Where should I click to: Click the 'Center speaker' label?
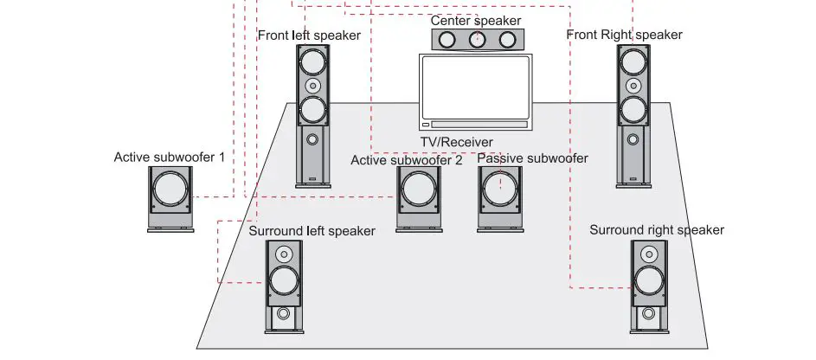[x=476, y=20]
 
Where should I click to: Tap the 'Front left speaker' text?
[x=309, y=35]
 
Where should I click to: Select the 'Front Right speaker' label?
[x=624, y=35]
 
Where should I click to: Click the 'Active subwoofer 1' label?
[x=170, y=157]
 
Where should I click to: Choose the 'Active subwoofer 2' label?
[x=406, y=160]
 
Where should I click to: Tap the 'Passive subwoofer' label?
[x=532, y=158]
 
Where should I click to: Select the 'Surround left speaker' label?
[x=312, y=231]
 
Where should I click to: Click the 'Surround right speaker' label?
[x=656, y=230]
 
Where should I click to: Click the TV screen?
[x=475, y=87]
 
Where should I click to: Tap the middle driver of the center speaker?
[x=477, y=39]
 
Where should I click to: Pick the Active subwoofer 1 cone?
[x=171, y=190]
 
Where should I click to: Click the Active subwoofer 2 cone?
[x=419, y=190]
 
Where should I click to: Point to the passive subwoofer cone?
[x=501, y=190]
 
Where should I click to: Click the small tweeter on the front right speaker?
[x=633, y=86]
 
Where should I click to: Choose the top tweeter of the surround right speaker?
[x=648, y=254]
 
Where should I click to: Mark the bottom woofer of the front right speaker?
[x=633, y=110]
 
